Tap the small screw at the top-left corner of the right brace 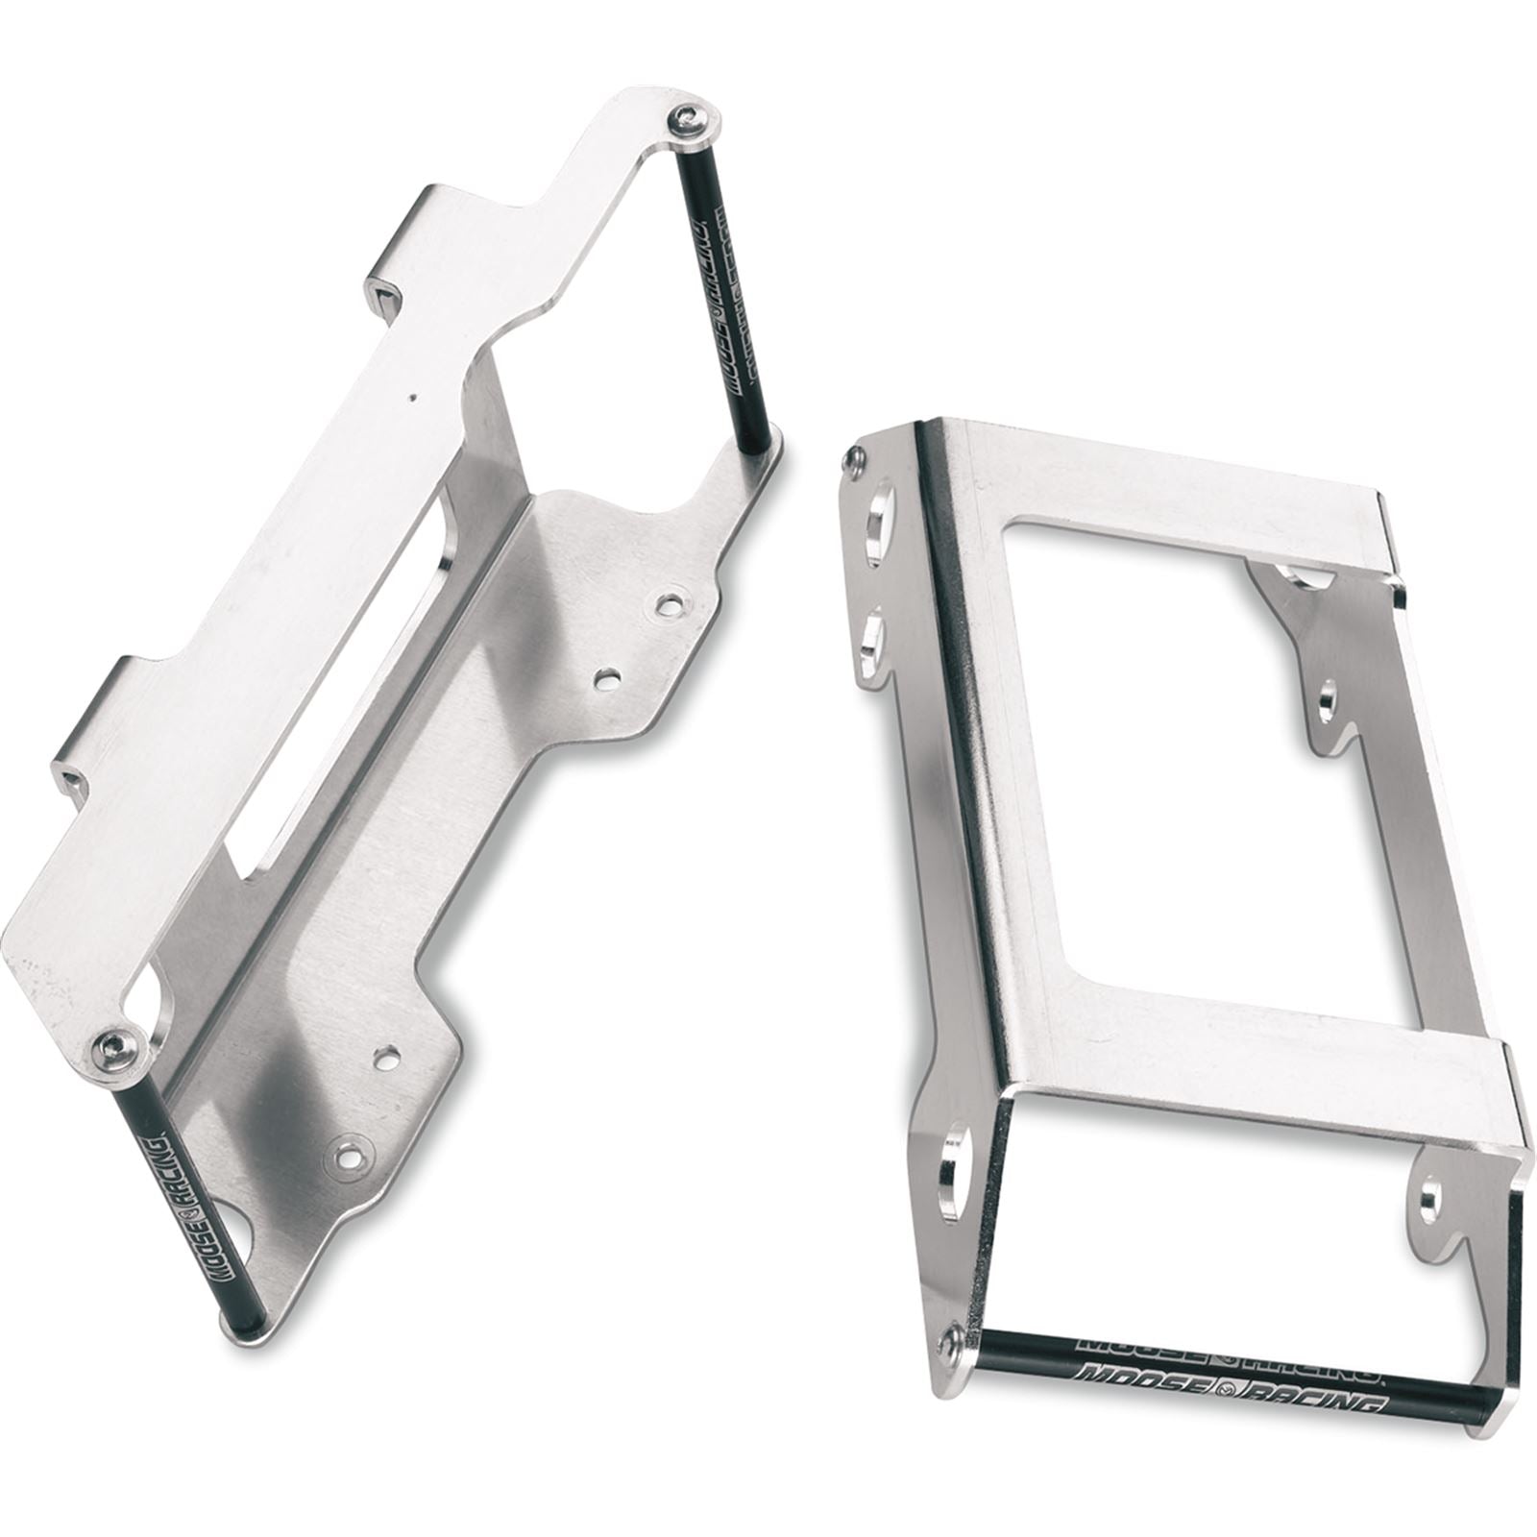(x=849, y=462)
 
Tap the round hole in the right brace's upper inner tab (x=1329, y=702)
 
